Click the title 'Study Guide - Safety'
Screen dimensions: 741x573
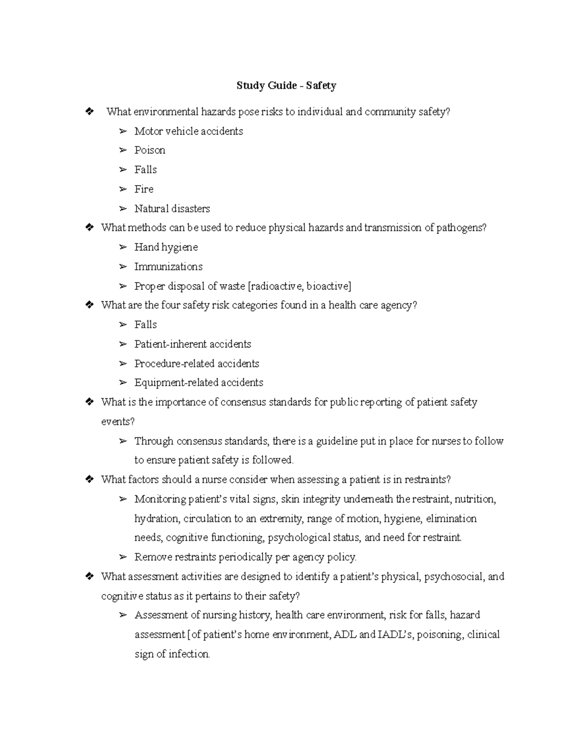(x=286, y=86)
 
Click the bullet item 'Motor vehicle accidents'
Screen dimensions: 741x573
(x=189, y=131)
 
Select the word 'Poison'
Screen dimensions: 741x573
(x=149, y=150)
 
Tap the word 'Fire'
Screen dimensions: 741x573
(x=144, y=189)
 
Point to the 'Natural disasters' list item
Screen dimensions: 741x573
(x=172, y=209)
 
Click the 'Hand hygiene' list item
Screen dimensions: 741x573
(x=166, y=247)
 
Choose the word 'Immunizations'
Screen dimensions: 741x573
(x=168, y=267)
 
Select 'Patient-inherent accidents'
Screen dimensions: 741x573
(x=192, y=344)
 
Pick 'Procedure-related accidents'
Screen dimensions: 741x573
(x=197, y=364)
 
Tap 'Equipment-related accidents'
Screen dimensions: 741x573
(x=199, y=383)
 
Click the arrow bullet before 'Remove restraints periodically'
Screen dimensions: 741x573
(x=123, y=557)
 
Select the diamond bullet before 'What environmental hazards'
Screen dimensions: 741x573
(x=89, y=112)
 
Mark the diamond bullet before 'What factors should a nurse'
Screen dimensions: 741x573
(x=89, y=480)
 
